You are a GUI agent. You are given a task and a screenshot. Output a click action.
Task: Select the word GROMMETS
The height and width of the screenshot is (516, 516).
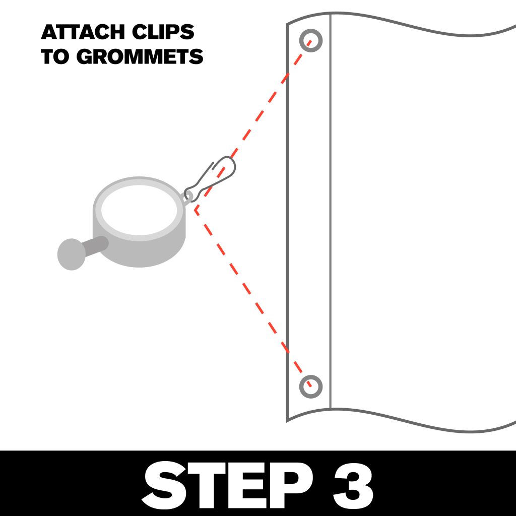coord(140,56)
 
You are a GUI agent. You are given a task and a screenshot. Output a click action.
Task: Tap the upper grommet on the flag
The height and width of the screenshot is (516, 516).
coord(311,39)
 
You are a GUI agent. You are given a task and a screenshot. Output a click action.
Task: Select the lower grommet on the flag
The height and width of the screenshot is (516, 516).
coord(311,386)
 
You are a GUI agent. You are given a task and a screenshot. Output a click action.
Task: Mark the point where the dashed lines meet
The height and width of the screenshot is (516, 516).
coord(196,209)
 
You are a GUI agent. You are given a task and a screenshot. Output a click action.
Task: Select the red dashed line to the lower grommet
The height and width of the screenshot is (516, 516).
coord(252,297)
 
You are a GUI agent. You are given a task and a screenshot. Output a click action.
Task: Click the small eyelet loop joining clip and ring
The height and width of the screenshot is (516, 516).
coord(190,194)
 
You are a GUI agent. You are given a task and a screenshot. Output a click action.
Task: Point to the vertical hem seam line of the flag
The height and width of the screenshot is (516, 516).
coord(330,212)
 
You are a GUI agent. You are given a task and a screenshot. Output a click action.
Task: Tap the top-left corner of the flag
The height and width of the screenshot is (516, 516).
coord(288,24)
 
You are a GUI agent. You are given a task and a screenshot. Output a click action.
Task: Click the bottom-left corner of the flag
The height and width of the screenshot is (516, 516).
coord(288,420)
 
